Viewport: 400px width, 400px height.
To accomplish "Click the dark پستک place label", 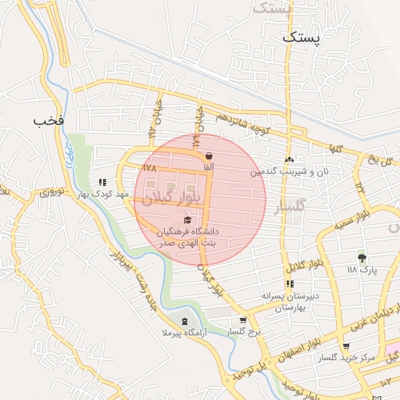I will (x=301, y=37).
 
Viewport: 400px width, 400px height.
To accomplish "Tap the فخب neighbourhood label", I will (x=48, y=121).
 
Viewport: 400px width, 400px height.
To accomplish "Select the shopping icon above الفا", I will (x=208, y=155).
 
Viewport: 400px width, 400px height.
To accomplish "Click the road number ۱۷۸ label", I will (x=150, y=167).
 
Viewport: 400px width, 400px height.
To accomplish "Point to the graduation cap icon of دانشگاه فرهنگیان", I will (x=186, y=220).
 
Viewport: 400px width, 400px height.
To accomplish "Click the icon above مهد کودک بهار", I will (x=102, y=181).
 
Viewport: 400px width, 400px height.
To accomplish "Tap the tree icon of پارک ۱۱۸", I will (x=361, y=257).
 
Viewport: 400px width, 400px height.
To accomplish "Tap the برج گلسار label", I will (x=243, y=332).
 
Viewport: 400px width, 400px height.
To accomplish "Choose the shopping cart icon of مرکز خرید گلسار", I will (x=345, y=346).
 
